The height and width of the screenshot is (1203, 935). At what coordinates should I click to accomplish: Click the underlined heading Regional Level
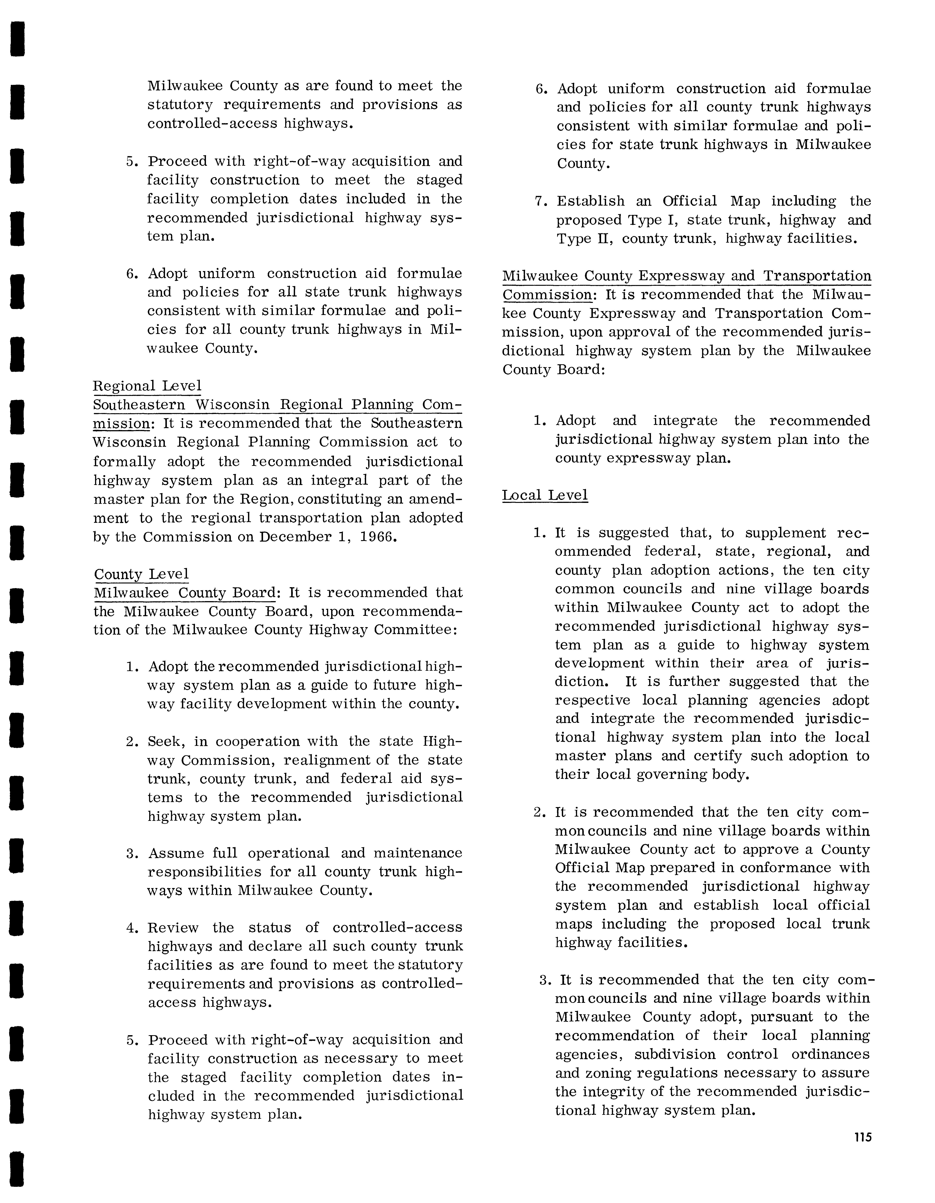(147, 386)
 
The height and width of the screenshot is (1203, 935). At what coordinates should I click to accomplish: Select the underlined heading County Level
(142, 575)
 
